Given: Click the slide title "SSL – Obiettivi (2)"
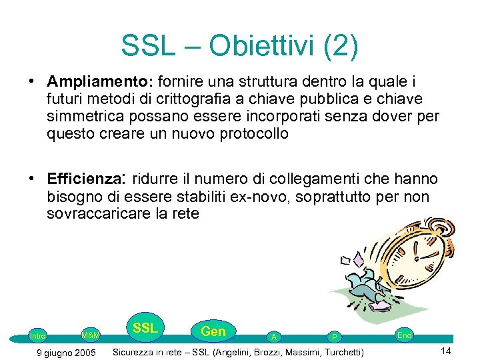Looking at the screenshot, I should pos(239,46).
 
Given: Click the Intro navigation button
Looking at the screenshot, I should pos(37,336).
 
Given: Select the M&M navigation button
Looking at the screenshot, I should pos(90,334).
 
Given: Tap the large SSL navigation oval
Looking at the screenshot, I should pos(145,328).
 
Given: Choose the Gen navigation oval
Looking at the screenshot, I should pos(213,331).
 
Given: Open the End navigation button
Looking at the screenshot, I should pos(404,335).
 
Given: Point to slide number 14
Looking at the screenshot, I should pos(445,351).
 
